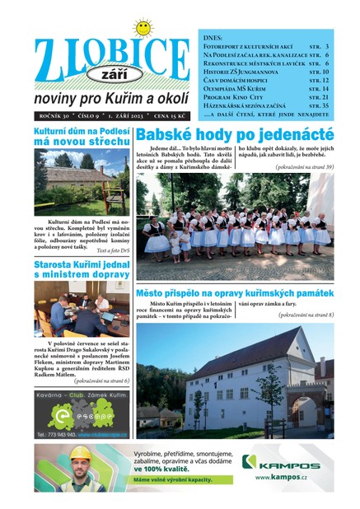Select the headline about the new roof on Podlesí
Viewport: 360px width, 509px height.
pos(82,137)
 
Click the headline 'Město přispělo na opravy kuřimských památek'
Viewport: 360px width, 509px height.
pos(235,294)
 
